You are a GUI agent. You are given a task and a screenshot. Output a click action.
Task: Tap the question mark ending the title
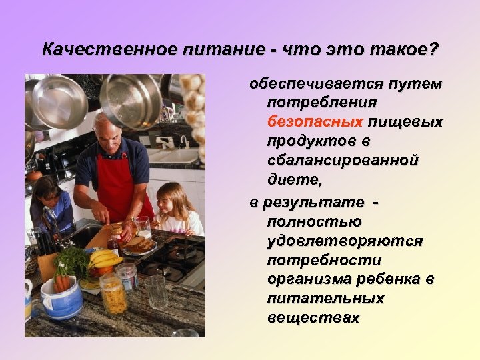[435, 50]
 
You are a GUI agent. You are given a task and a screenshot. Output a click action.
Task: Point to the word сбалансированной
[343, 161]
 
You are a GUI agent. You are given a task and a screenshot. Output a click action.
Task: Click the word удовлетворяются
[344, 241]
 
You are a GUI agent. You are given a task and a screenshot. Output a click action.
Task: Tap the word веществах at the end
[313, 318]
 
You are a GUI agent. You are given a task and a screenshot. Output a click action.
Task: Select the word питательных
[325, 299]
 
